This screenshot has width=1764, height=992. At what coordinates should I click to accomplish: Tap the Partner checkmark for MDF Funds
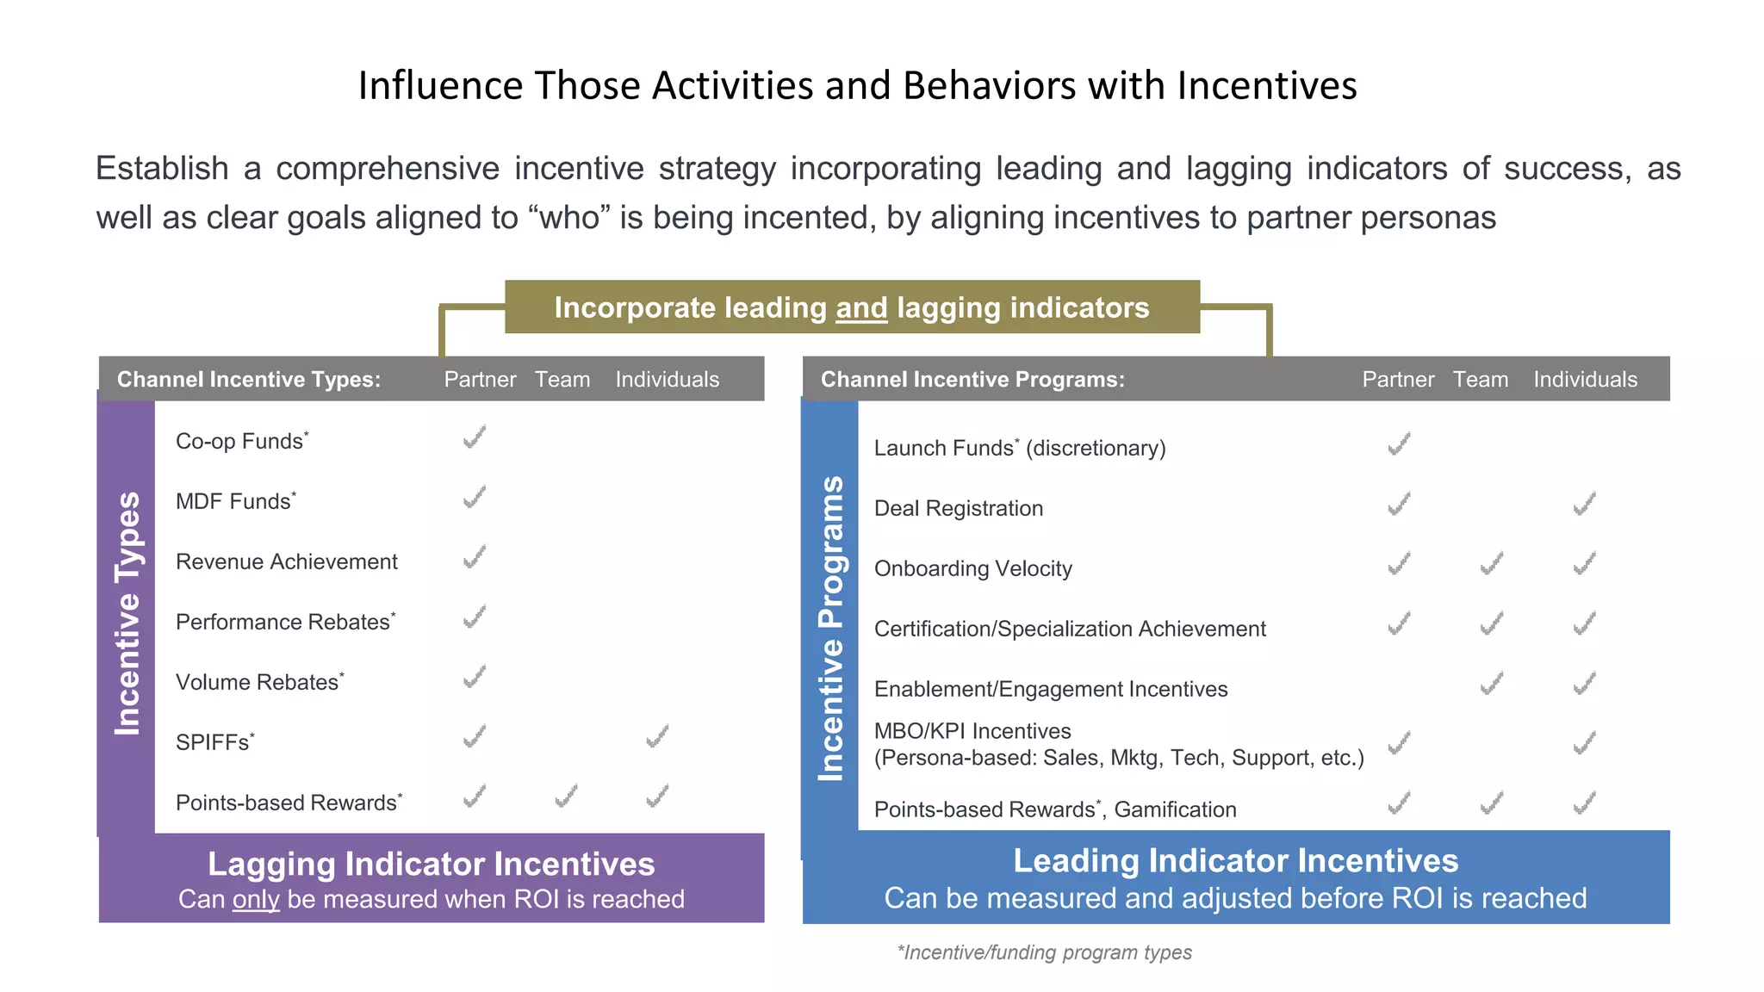(x=475, y=498)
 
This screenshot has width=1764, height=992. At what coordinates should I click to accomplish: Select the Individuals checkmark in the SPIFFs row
(x=657, y=737)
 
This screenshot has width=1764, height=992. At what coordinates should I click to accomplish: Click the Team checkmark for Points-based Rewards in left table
(x=566, y=797)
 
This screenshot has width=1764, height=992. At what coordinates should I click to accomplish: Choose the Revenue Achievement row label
(x=286, y=562)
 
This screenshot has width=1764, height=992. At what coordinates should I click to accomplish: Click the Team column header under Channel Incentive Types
(x=562, y=380)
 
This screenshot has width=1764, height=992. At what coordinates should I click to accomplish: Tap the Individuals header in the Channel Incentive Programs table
(x=1585, y=380)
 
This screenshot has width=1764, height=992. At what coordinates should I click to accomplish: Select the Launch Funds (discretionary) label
(x=1019, y=448)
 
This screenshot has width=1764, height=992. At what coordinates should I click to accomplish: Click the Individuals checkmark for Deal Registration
(x=1585, y=504)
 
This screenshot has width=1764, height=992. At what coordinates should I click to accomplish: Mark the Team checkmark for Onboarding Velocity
(x=1492, y=564)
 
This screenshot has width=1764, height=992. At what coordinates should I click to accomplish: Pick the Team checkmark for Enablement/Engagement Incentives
(x=1492, y=685)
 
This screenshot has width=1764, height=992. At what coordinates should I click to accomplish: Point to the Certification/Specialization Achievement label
(x=1069, y=629)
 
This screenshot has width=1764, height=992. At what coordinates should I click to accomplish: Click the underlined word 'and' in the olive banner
(x=861, y=308)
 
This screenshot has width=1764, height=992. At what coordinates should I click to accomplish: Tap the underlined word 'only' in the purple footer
(x=256, y=899)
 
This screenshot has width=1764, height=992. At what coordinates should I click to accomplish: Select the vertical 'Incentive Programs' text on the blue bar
(x=830, y=629)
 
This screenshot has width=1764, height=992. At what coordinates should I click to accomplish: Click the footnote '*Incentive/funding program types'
(x=1044, y=952)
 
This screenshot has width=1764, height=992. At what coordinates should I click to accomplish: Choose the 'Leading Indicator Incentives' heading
(x=1235, y=861)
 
